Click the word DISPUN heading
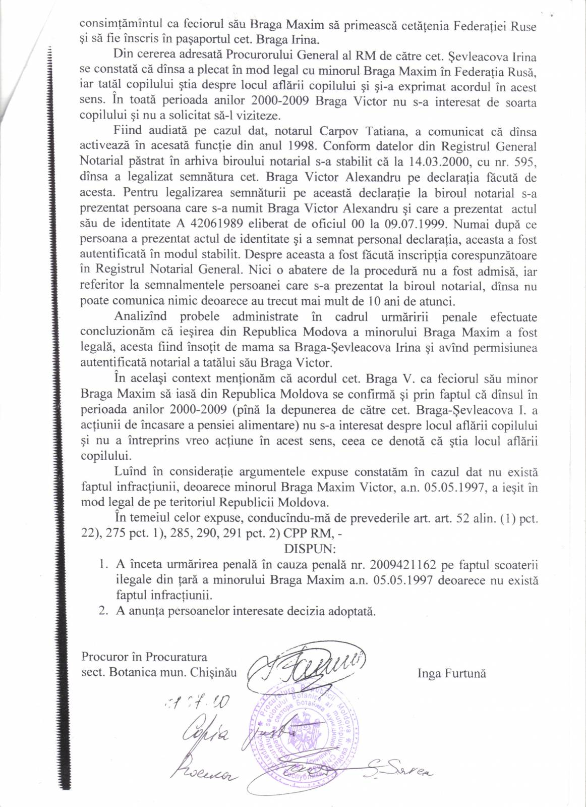tap(307, 548)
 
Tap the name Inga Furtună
tap(451, 673)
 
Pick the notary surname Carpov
tap(339, 131)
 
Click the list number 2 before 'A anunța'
tap(103, 611)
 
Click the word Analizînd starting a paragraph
tap(145, 317)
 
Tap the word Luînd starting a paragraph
tap(130, 472)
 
